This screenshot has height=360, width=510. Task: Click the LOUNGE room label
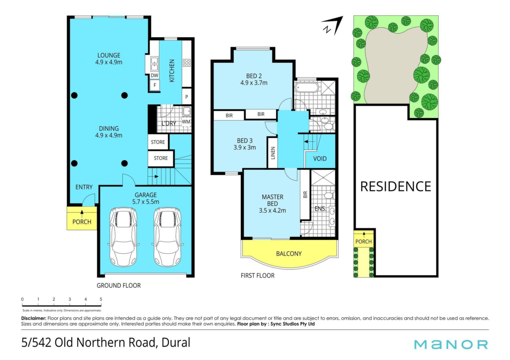[109, 55]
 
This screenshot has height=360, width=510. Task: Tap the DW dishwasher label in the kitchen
[154, 76]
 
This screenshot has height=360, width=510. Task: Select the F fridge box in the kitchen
[155, 85]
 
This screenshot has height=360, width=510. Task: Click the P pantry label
[187, 97]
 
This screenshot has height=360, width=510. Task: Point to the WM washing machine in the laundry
[186, 122]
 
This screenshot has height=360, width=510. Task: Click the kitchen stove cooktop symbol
[186, 63]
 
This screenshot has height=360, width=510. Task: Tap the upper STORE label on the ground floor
[158, 142]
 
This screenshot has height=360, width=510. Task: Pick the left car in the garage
[124, 237]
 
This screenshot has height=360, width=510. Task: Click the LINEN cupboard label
[273, 153]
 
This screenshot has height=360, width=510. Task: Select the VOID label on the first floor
[320, 159]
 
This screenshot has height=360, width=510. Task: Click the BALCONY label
[289, 254]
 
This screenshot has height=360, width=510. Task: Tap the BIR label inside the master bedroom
[305, 195]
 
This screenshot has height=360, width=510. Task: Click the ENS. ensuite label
[320, 209]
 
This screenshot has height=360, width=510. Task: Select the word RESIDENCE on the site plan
[396, 186]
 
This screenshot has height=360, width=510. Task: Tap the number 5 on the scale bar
[101, 299]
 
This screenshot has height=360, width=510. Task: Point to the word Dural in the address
[176, 342]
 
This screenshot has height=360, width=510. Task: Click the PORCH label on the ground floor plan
[82, 222]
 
